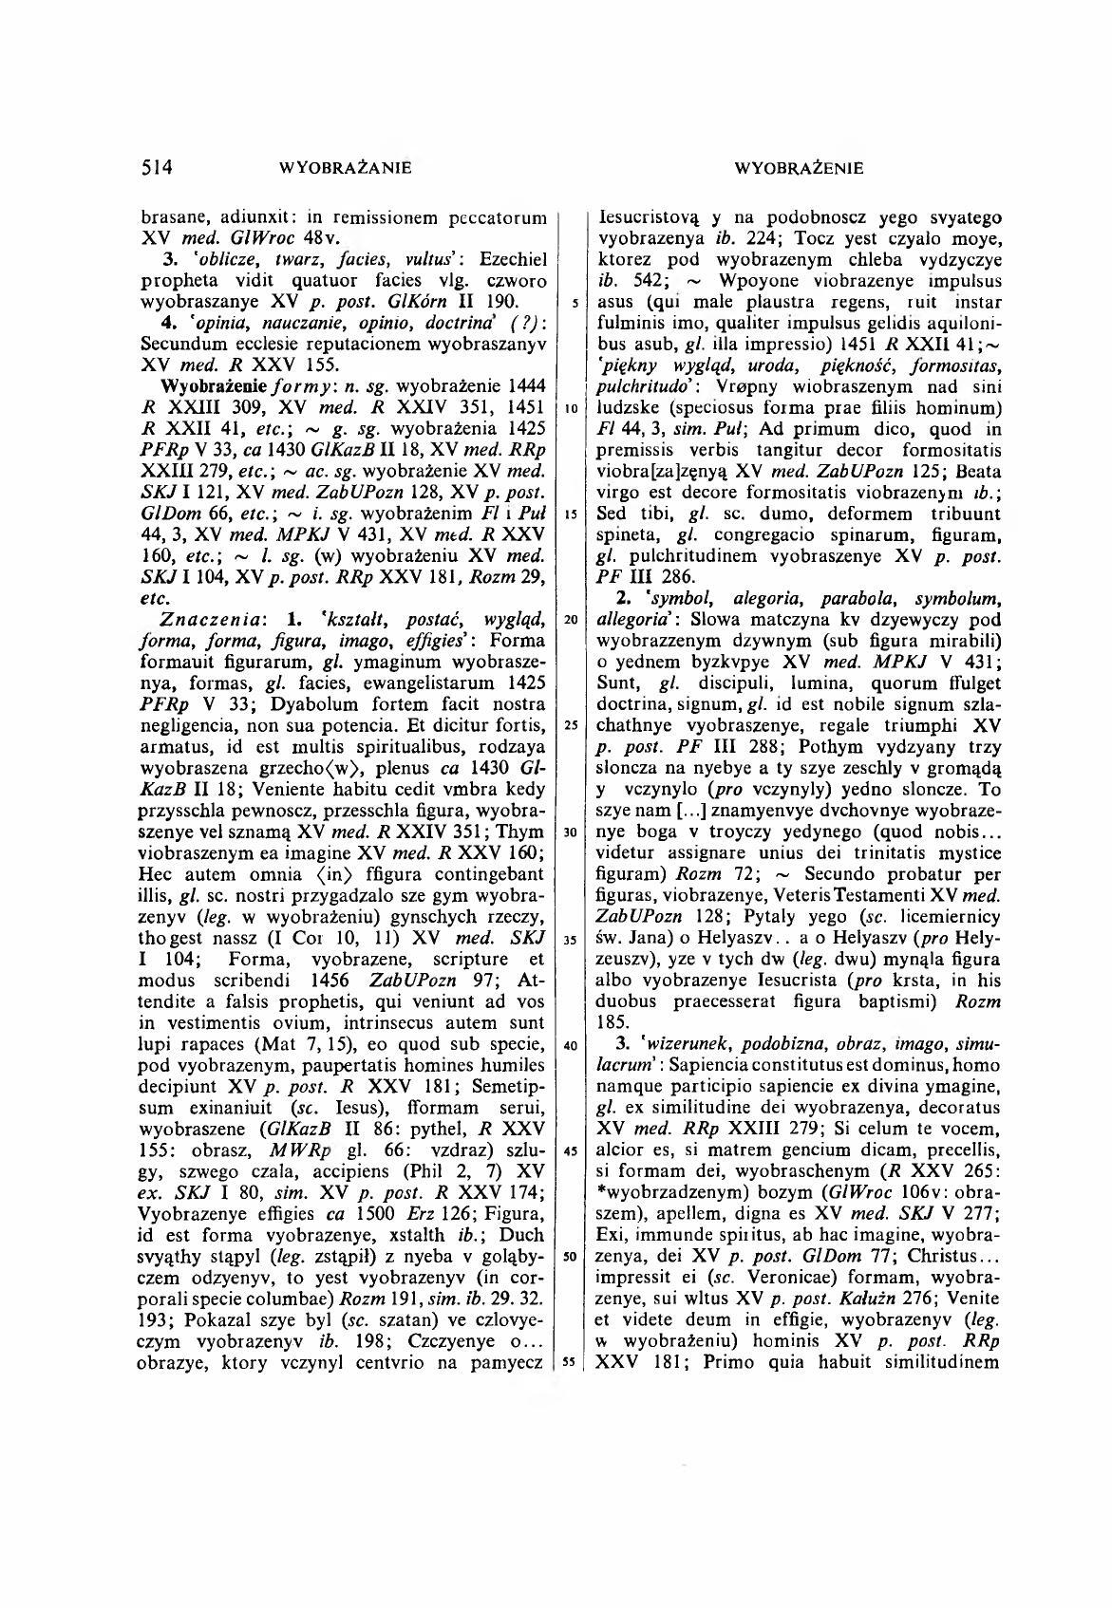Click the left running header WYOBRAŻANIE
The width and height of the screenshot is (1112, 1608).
347,169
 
